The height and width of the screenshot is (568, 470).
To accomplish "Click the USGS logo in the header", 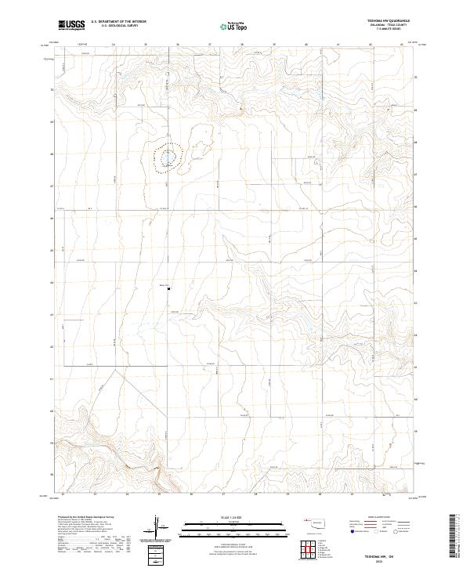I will coord(72,25).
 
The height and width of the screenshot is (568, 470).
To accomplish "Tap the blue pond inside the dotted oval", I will coord(167,164).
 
